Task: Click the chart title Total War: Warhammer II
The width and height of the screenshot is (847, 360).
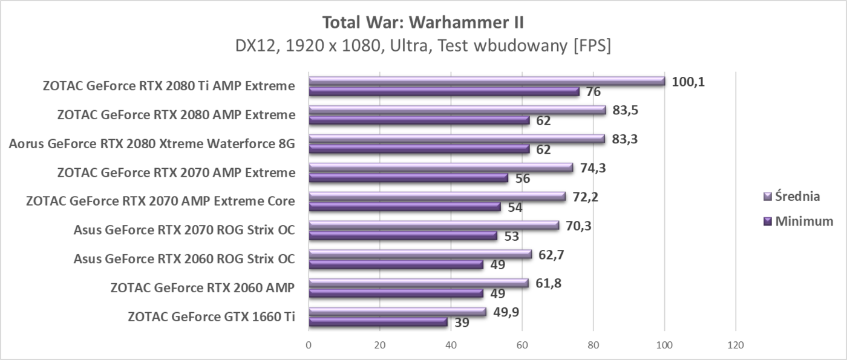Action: (x=423, y=23)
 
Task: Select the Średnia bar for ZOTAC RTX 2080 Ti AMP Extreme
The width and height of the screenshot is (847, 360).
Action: (x=486, y=81)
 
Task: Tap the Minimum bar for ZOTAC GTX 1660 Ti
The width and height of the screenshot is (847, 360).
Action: (x=378, y=322)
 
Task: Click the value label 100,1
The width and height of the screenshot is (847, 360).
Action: (x=688, y=82)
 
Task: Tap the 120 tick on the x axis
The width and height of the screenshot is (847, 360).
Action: (x=735, y=345)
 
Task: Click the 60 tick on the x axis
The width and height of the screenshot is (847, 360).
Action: (x=522, y=345)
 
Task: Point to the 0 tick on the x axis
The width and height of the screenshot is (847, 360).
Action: (x=309, y=345)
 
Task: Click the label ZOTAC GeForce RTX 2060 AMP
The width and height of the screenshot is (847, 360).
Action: (x=203, y=288)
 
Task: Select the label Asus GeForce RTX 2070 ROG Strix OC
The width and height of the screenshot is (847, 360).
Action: (x=184, y=231)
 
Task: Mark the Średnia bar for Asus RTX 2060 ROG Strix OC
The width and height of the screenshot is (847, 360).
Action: (x=420, y=254)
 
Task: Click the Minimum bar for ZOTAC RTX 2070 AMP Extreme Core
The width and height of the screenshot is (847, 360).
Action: (x=405, y=207)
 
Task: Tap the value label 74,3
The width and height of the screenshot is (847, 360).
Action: (x=594, y=168)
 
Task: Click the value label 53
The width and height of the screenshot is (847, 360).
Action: (x=512, y=237)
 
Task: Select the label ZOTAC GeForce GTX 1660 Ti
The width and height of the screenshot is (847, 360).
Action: (x=211, y=316)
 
